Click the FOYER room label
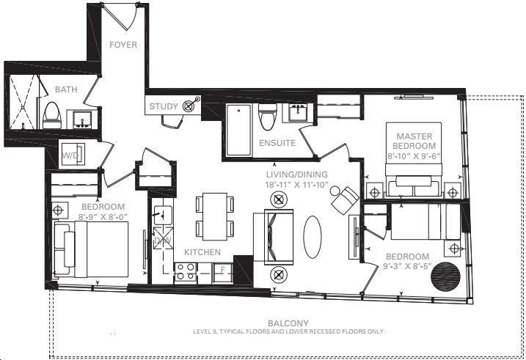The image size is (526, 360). (123, 45)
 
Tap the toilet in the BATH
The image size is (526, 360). (52, 115)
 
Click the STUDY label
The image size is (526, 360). (164, 106)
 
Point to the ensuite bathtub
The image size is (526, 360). (238, 130)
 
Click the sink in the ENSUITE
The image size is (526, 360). (297, 113)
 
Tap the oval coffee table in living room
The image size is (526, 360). (313, 237)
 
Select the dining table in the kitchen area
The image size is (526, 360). (215, 216)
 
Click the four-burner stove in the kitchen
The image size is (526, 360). (186, 271)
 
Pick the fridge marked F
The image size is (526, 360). (222, 271)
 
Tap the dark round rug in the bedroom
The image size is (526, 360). (445, 277)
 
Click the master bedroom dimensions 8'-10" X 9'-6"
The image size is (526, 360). (414, 156)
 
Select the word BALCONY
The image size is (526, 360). (288, 323)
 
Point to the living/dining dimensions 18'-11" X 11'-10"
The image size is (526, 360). (297, 185)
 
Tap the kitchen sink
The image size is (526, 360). (163, 213)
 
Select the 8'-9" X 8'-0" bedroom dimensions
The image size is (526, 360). (103, 216)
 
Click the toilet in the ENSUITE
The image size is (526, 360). (268, 117)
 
